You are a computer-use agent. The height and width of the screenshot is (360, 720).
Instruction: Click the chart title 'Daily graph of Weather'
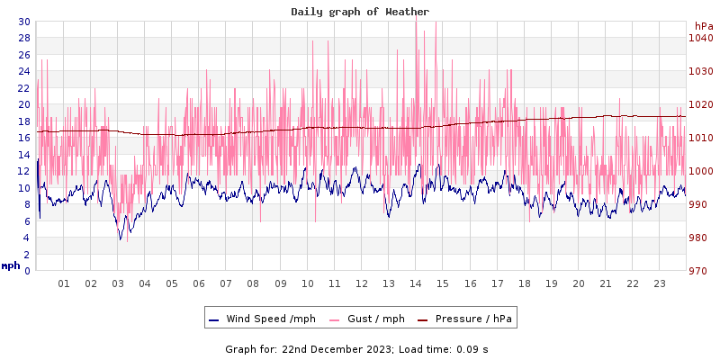coord(360,12)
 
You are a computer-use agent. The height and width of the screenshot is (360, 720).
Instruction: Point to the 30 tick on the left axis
coord(24,22)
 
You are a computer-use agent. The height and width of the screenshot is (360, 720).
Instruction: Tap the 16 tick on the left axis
coord(24,138)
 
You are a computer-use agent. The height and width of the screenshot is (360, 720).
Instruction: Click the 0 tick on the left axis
coord(27,271)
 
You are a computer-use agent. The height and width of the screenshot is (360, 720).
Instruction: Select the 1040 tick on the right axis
coord(701,38)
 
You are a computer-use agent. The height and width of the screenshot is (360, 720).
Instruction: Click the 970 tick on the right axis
coord(698,271)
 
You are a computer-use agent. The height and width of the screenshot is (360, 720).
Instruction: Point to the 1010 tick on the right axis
coord(701,138)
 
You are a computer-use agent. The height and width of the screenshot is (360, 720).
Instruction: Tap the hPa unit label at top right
coord(704,26)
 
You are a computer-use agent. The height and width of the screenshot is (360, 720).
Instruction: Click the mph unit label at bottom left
coord(11,265)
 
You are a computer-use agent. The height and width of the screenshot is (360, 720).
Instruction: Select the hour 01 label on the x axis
coord(64,283)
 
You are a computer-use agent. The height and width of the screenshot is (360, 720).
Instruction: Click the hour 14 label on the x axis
coord(416,283)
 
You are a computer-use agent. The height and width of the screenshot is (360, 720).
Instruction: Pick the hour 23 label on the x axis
coord(659,283)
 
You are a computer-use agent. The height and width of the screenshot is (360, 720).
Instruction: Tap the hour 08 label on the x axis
coord(253,283)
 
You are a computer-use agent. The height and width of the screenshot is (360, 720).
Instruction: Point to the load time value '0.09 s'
coord(472,348)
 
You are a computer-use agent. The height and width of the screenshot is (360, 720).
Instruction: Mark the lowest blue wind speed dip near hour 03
coord(120,238)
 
